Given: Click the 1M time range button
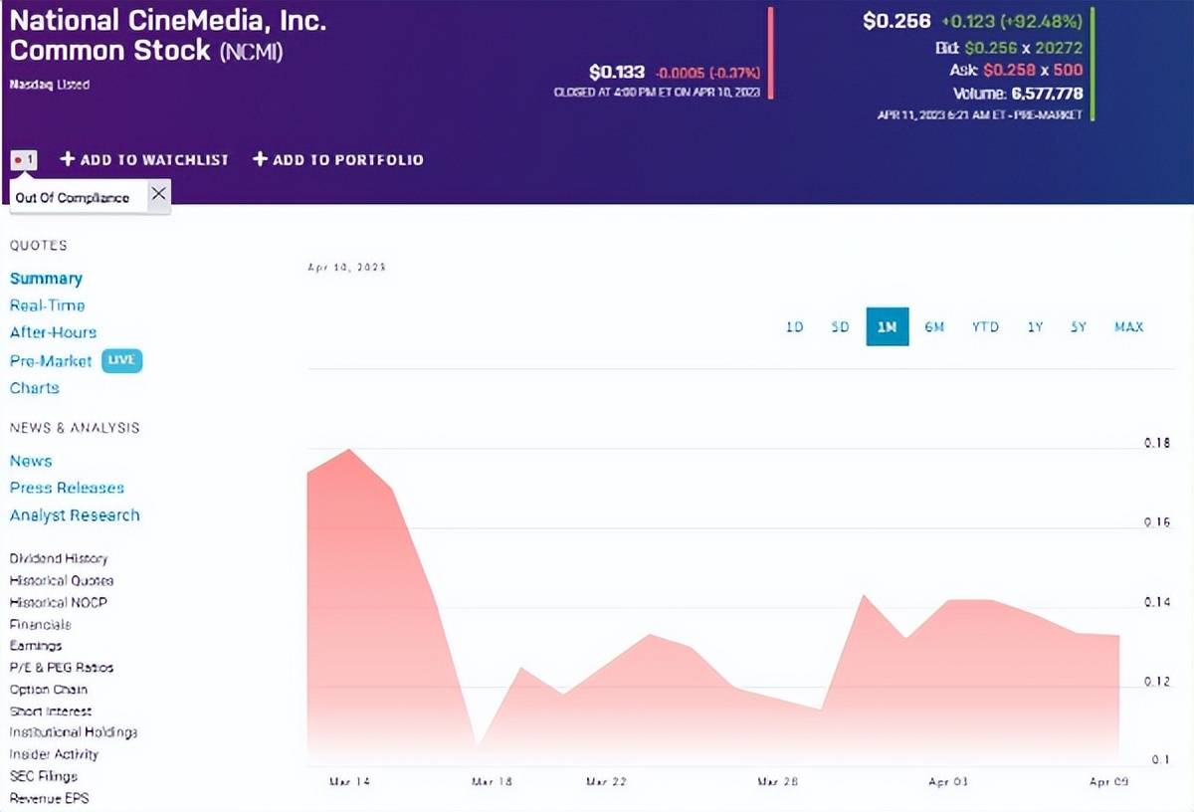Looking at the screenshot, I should tap(887, 326).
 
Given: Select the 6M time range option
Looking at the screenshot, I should tap(934, 326).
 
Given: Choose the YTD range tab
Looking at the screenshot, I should tap(985, 326).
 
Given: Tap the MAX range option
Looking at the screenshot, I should tap(1129, 326).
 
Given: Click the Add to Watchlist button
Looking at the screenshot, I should tap(144, 159).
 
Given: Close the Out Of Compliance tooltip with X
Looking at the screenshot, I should tap(158, 195).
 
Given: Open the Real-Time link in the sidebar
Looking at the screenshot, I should tap(47, 305).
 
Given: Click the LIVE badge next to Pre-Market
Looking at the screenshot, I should tap(121, 360).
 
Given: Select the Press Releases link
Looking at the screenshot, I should tap(67, 488).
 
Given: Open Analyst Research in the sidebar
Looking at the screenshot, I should tap(75, 515).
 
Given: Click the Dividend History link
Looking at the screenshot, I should tap(59, 558).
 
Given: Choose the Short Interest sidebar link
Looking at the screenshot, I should tap(51, 711).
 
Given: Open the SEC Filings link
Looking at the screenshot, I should tap(44, 776).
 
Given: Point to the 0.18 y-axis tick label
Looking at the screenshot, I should tap(1156, 443).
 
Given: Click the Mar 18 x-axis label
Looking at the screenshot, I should tap(492, 782).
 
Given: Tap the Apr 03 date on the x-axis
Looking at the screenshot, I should tap(947, 782).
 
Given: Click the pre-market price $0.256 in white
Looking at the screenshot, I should tap(896, 21).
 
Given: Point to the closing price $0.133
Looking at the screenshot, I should tap(617, 72).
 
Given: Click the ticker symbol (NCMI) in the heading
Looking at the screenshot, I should tap(251, 51).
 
